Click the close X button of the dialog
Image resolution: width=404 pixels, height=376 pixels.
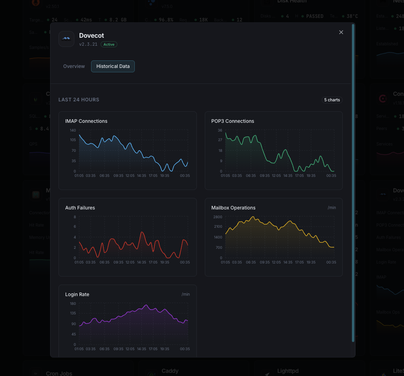(341, 32)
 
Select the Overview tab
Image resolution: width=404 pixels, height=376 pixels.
(74, 66)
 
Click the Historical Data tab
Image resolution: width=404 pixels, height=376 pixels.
(113, 66)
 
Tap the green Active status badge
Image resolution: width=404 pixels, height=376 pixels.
(109, 45)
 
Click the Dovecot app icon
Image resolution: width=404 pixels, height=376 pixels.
(66, 39)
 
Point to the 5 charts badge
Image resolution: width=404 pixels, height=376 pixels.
(332, 100)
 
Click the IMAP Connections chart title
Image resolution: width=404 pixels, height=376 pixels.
(86, 121)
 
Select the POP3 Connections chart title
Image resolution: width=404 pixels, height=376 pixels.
(233, 121)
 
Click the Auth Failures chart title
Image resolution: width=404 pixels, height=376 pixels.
(80, 208)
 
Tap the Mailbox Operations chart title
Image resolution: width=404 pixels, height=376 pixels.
(233, 208)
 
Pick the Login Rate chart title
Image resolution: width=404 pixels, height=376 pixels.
(77, 295)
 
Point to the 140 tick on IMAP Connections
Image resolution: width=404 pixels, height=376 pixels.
(73, 130)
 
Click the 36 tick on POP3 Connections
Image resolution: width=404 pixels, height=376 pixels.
(220, 130)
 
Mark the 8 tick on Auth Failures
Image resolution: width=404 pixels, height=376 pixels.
(74, 217)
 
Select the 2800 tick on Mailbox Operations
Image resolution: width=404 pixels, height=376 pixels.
(218, 217)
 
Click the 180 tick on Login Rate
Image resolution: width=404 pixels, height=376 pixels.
(73, 304)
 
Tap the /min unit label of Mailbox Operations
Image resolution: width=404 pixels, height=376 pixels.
(332, 208)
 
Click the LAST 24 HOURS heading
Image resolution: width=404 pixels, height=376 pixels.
(79, 100)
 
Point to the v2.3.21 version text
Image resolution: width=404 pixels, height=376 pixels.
(88, 45)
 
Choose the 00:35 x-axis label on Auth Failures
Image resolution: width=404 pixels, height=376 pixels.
(185, 262)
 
